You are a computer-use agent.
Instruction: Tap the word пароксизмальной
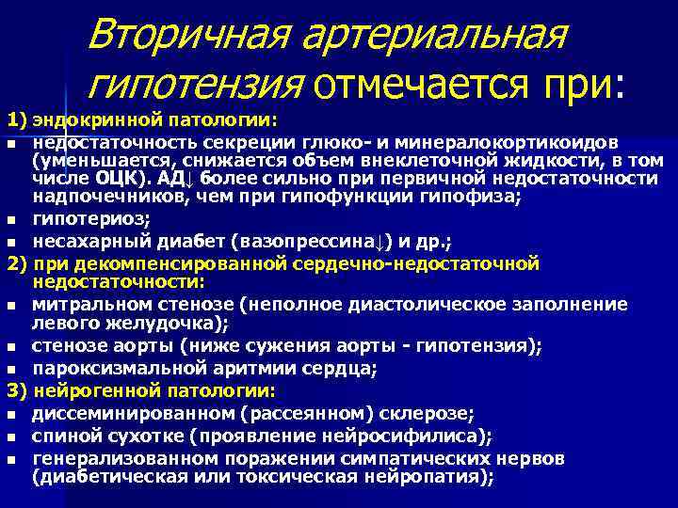105,367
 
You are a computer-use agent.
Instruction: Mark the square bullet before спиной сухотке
10,437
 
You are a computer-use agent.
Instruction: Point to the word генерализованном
105,458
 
